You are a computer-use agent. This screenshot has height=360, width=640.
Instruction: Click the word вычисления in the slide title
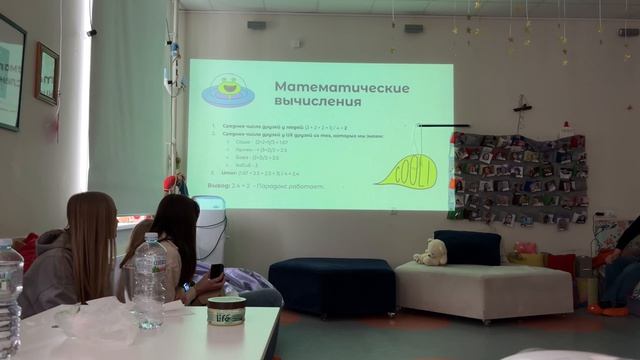tap(317, 104)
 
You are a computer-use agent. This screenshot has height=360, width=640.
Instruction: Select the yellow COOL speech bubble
tap(407, 171)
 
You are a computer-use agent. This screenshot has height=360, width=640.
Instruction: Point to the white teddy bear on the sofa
tap(432, 253)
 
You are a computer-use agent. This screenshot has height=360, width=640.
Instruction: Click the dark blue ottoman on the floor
tap(332, 285)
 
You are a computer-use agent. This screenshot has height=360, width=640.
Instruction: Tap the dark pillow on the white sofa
tap(467, 247)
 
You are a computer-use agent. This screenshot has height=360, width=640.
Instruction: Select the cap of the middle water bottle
tap(150, 238)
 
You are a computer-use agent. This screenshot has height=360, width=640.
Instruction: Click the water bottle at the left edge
tap(10, 295)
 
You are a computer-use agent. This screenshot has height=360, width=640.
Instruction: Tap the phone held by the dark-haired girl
tap(217, 271)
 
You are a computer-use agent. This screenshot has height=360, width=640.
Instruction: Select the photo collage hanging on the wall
tap(520, 178)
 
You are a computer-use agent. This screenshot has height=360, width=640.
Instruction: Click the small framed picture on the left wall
tap(47, 73)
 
